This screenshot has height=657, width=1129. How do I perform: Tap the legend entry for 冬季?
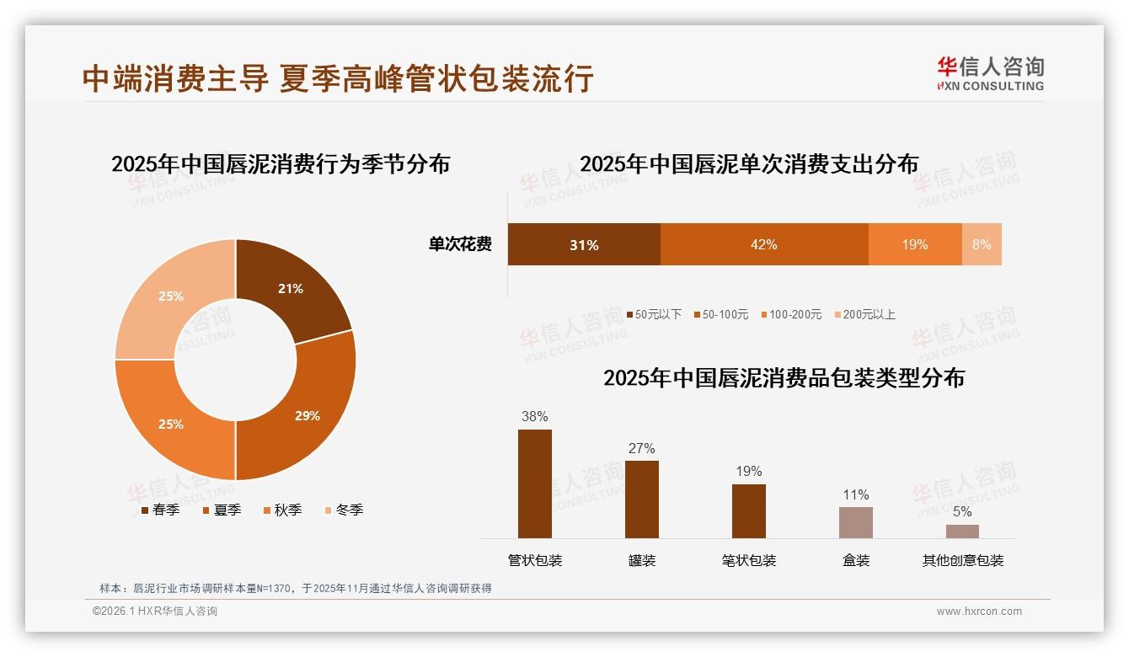(x=344, y=510)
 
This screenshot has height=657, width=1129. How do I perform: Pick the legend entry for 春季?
(x=160, y=510)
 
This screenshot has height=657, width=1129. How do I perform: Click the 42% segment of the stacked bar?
(x=763, y=244)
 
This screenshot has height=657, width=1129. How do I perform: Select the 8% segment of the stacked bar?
(x=982, y=244)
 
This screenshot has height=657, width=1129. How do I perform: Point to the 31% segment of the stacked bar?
(x=583, y=244)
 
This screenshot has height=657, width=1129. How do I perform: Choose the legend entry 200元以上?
(x=864, y=314)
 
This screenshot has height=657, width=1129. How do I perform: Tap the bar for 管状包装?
(x=534, y=483)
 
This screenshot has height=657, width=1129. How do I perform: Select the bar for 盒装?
(x=855, y=522)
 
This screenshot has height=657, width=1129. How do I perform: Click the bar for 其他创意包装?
(x=962, y=531)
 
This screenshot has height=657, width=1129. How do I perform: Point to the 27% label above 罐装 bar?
(x=641, y=448)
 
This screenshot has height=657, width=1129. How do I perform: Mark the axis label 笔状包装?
(x=749, y=560)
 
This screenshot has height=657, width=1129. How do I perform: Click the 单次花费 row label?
(x=460, y=244)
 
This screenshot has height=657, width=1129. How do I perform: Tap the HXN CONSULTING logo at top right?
(x=990, y=73)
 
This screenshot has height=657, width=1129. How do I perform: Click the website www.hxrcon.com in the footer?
(x=979, y=612)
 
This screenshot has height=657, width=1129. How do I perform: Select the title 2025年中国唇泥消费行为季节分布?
(x=281, y=163)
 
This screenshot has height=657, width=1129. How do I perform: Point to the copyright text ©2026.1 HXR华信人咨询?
(x=155, y=612)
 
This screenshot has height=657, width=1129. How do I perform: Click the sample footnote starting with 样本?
(x=295, y=588)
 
